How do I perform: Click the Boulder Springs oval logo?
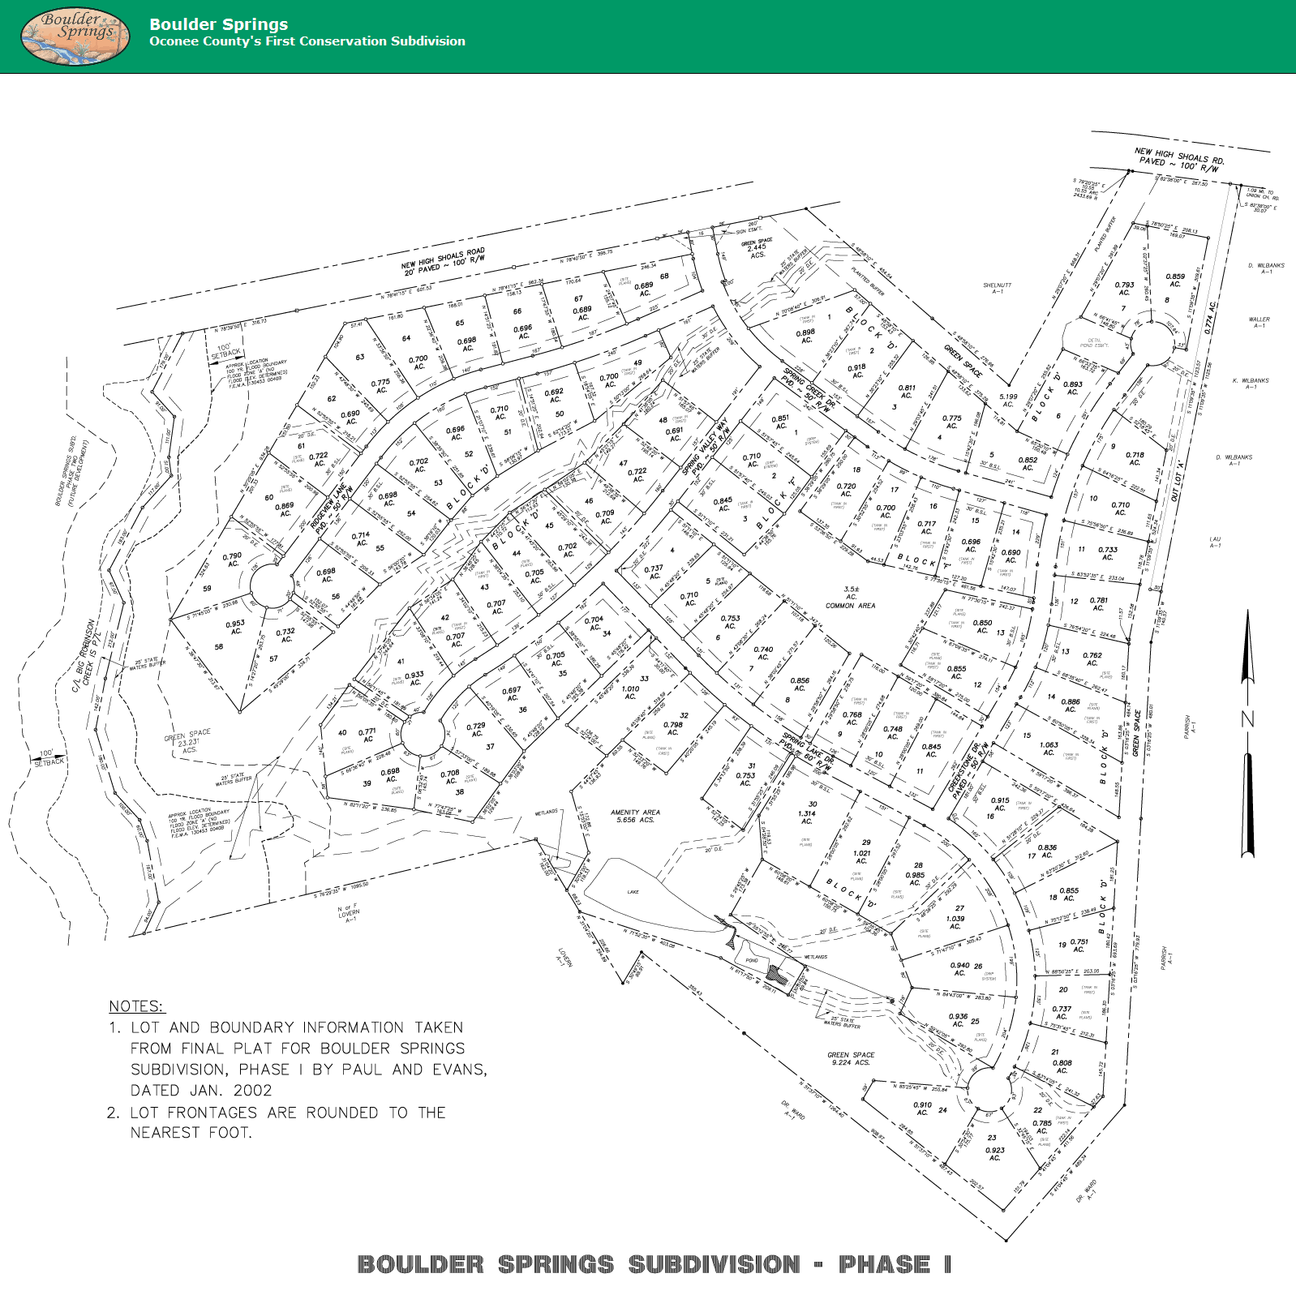click(x=75, y=36)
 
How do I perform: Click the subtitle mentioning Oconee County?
click(x=307, y=41)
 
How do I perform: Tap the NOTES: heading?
click(x=136, y=1006)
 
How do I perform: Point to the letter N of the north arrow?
click(x=1247, y=718)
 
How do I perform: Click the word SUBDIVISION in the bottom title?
click(x=714, y=1264)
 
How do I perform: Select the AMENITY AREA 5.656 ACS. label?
click(x=635, y=816)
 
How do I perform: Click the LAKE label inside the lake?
click(x=633, y=892)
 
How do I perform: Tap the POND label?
click(x=752, y=960)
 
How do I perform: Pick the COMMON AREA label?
click(x=850, y=606)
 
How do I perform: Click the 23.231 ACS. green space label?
click(x=188, y=742)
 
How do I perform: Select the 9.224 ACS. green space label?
click(x=851, y=1062)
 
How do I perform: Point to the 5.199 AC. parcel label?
click(x=1007, y=401)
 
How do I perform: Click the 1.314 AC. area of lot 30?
click(x=807, y=817)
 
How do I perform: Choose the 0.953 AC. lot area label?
click(x=235, y=628)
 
